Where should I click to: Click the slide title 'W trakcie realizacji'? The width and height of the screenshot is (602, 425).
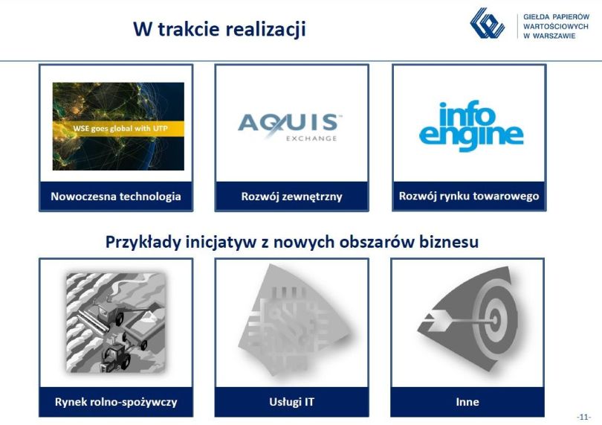219,29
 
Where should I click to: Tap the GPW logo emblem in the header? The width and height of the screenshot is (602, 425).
488,24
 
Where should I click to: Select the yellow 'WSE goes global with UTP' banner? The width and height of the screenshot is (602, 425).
118,129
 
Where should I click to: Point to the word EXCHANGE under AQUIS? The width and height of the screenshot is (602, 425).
311,138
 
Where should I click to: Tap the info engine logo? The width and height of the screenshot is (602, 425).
471,126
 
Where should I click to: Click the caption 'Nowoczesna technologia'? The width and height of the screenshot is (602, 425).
116,196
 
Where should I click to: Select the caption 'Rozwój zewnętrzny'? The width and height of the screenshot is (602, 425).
292,196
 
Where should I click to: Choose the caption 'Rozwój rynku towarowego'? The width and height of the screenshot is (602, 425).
469,196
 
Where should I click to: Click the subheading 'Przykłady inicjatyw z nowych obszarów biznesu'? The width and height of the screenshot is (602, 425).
292,243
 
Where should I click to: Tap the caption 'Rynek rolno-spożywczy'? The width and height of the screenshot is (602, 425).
116,403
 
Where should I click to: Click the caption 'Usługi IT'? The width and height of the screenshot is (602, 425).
292,402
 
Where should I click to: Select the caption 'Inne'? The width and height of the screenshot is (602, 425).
467,402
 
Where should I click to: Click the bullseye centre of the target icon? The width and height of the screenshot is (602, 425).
495,319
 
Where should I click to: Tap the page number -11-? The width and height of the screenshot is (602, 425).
584,417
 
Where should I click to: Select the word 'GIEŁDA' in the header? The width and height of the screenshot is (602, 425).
536,17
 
